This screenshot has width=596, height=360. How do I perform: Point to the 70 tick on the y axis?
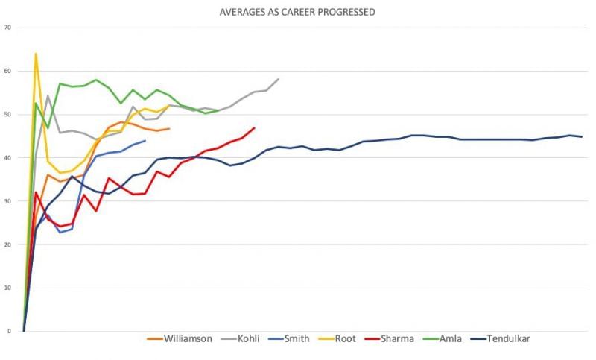tap(7, 28)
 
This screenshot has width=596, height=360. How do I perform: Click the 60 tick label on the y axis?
tap(7, 71)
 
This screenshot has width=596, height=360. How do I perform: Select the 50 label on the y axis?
tap(7, 114)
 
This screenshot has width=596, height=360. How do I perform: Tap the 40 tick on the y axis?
tap(7, 157)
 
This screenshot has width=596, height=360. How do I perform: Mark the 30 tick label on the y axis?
tap(7, 201)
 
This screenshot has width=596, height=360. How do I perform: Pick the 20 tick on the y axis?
tap(7, 244)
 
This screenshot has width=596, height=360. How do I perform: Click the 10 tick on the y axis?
tap(7, 288)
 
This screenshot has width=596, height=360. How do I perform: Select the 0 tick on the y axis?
tap(9, 331)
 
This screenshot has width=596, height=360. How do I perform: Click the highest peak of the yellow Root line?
tap(36, 54)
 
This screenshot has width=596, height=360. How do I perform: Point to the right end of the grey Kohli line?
tap(279, 79)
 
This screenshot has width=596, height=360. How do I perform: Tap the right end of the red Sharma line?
tap(255, 127)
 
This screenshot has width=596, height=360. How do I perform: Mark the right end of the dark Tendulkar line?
tap(582, 136)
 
